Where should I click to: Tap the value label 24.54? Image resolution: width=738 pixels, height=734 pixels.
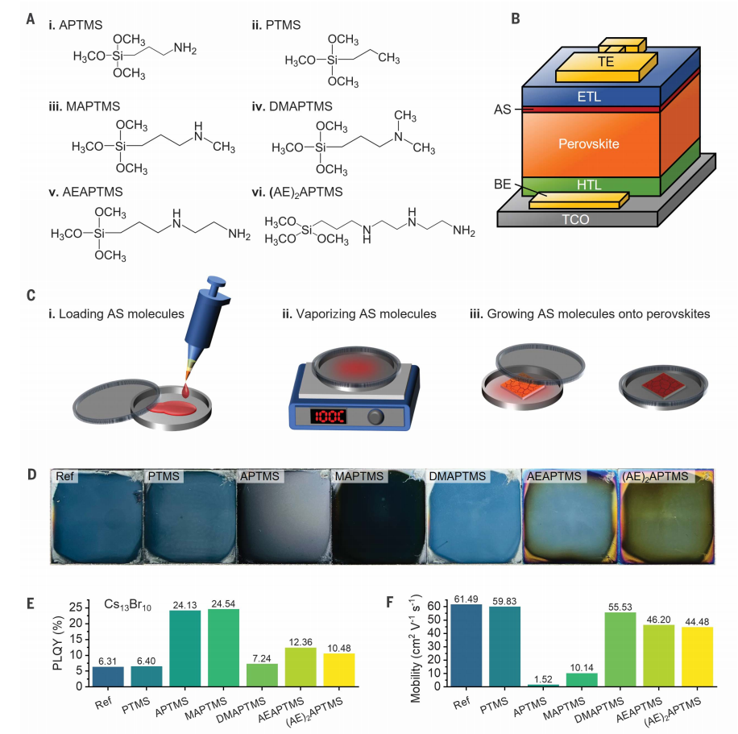point(223,602)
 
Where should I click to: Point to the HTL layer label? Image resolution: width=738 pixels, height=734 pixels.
point(589,185)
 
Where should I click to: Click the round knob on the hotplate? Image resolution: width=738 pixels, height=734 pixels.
point(375,417)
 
